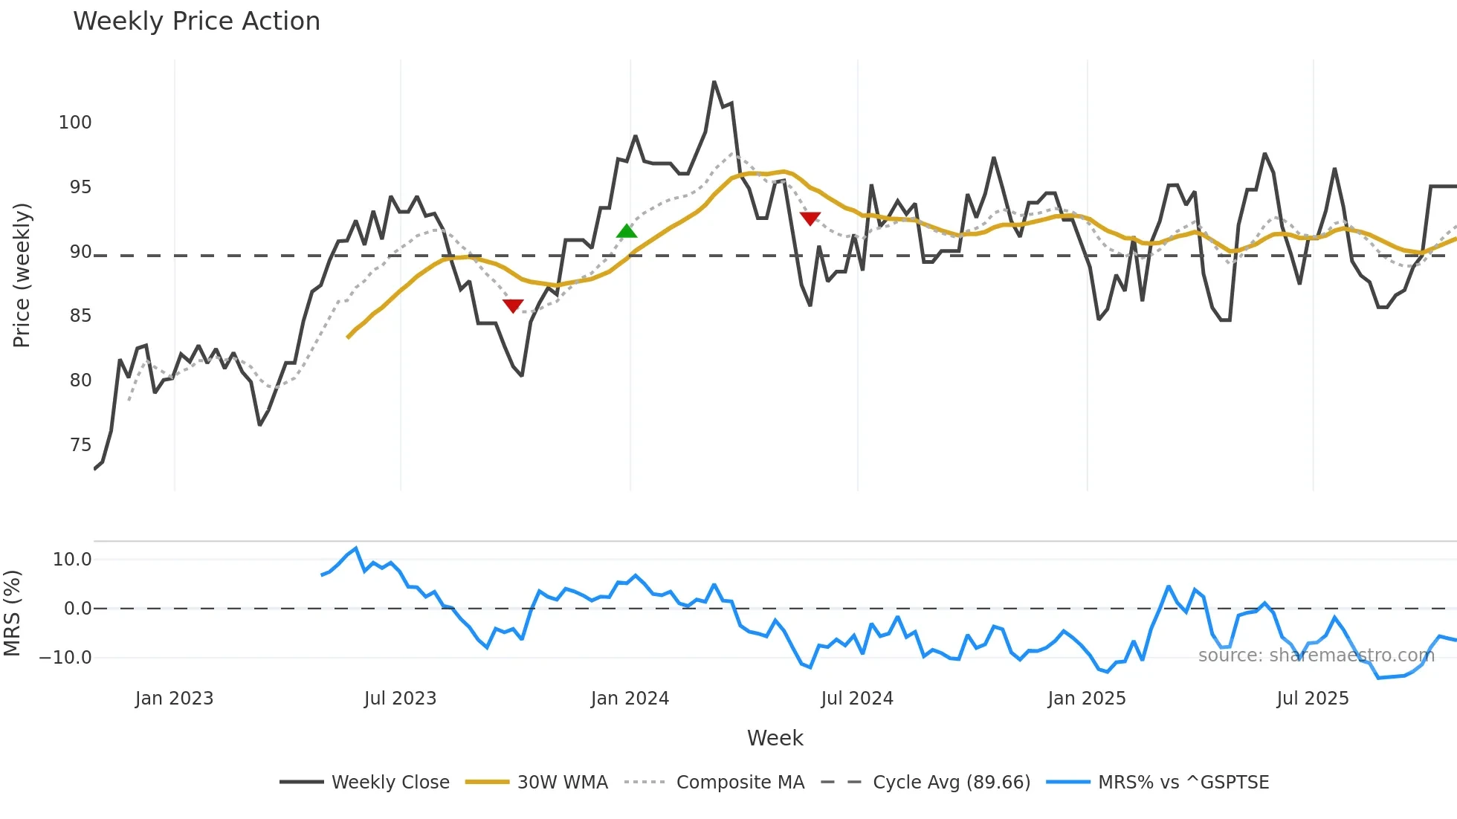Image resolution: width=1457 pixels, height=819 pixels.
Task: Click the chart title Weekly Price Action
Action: click(196, 22)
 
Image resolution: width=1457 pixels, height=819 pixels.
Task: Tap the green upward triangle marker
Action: click(627, 231)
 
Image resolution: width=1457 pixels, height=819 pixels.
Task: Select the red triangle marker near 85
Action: click(513, 305)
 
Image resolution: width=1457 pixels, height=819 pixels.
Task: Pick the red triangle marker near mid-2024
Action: click(810, 218)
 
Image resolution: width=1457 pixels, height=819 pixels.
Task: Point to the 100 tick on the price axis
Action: click(75, 123)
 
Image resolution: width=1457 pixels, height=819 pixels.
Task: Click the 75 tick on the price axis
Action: click(80, 445)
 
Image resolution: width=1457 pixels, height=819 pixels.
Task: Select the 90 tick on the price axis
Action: click(80, 252)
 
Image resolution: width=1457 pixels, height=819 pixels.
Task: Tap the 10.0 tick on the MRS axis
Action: click(72, 560)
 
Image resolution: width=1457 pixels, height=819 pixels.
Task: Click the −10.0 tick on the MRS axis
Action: click(65, 658)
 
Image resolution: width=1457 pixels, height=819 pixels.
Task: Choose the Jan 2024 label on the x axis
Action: click(630, 699)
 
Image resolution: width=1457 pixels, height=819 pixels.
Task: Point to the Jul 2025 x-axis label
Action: click(1312, 699)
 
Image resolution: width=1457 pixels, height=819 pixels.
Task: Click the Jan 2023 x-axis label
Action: click(174, 699)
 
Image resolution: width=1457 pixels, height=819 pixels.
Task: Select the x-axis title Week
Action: click(775, 738)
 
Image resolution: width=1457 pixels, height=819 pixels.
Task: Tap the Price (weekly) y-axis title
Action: click(22, 275)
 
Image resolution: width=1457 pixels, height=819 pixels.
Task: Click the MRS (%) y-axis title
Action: click(13, 613)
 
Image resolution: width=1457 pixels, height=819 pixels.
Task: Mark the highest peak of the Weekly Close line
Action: click(714, 82)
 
